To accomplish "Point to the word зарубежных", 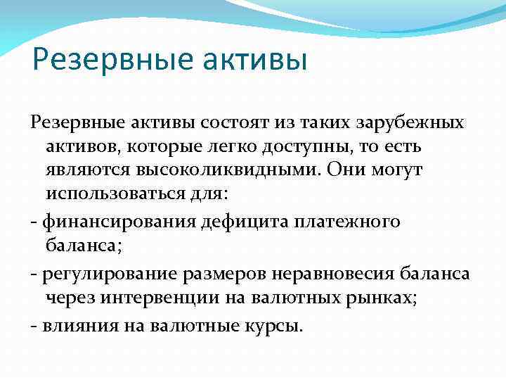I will (x=410, y=122).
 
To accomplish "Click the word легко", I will (x=237, y=148).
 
